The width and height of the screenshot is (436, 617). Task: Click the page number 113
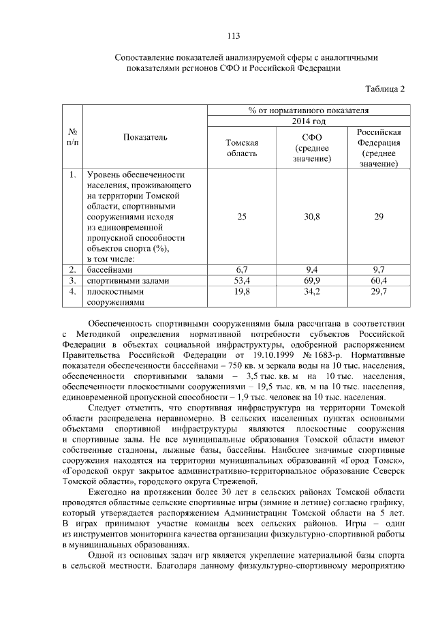coord(232,35)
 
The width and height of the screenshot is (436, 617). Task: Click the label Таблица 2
coord(385,89)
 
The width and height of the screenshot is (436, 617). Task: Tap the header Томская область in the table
coord(241,148)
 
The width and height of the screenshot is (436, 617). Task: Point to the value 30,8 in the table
coord(310,216)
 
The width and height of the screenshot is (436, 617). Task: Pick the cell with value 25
coord(241,216)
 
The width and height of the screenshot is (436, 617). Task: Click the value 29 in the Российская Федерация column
coord(379,216)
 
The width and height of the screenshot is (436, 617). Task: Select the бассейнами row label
coord(112,270)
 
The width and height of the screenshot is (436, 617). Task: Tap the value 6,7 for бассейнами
coord(241,270)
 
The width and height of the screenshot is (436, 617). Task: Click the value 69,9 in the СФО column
coord(310,280)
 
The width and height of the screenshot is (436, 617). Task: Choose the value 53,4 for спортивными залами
coord(241,280)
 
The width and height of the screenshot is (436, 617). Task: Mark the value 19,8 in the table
coord(241,291)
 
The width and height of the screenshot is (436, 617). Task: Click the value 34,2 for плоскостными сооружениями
coord(310,291)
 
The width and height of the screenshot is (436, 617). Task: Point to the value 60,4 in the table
coord(379,280)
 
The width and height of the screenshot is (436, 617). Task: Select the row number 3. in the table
coord(72,280)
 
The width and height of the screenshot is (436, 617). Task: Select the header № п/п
coord(72,137)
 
